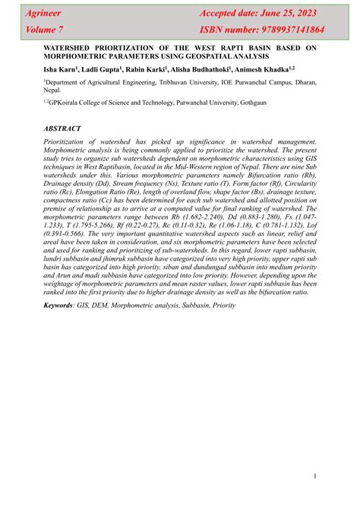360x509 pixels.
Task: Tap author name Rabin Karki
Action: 146,68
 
